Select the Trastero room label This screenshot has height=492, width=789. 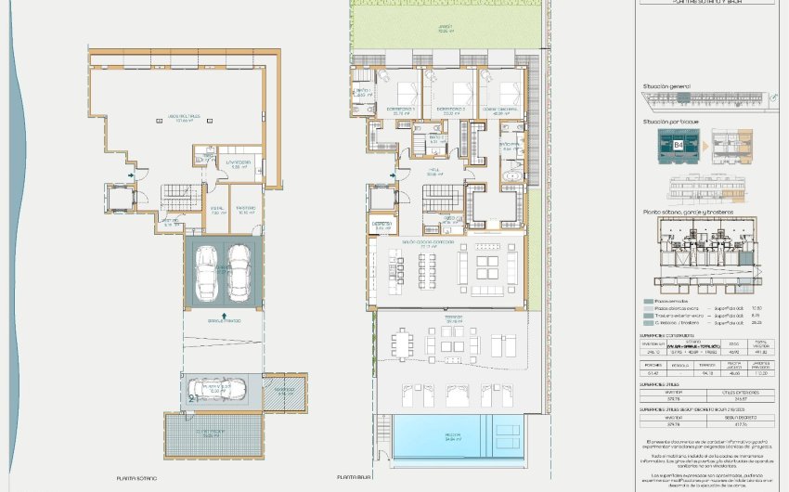pos(246,209)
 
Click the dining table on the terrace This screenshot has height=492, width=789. pos(401,345)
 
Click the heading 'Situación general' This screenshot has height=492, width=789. pos(666,86)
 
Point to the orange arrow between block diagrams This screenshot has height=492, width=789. pos(704,146)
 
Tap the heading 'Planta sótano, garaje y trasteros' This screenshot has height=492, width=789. pos(688,213)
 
